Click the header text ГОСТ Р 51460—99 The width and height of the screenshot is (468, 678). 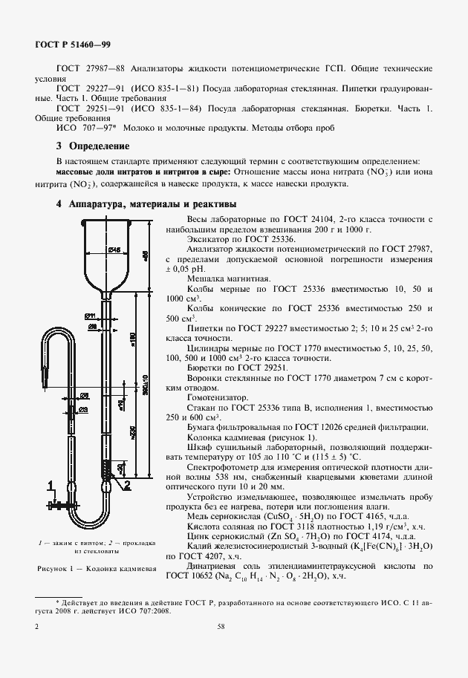coord(73,45)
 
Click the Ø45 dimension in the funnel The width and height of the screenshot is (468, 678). coord(115,250)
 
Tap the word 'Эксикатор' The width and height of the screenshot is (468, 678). coord(212,240)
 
